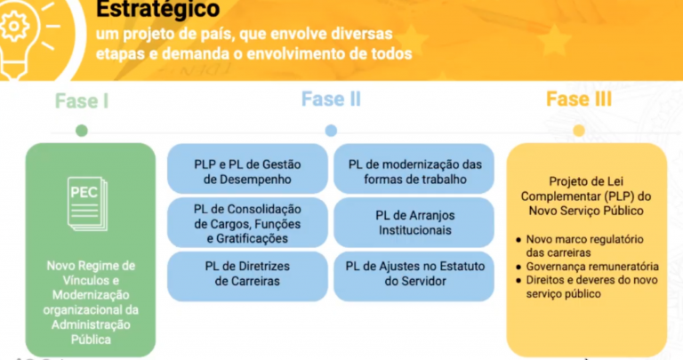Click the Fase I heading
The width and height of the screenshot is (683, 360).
82,100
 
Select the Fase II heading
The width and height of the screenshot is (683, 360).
331,99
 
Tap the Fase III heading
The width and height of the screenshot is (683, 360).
579,99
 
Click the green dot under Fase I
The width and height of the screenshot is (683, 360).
82,131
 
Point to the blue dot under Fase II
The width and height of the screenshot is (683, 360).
331,131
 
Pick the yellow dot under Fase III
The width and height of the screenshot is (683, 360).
579,131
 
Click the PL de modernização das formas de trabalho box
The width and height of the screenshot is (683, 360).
414,171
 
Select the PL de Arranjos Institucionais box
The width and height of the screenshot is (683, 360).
414,222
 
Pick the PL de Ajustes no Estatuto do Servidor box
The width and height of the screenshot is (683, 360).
414,274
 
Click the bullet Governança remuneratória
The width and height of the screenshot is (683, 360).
592,266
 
